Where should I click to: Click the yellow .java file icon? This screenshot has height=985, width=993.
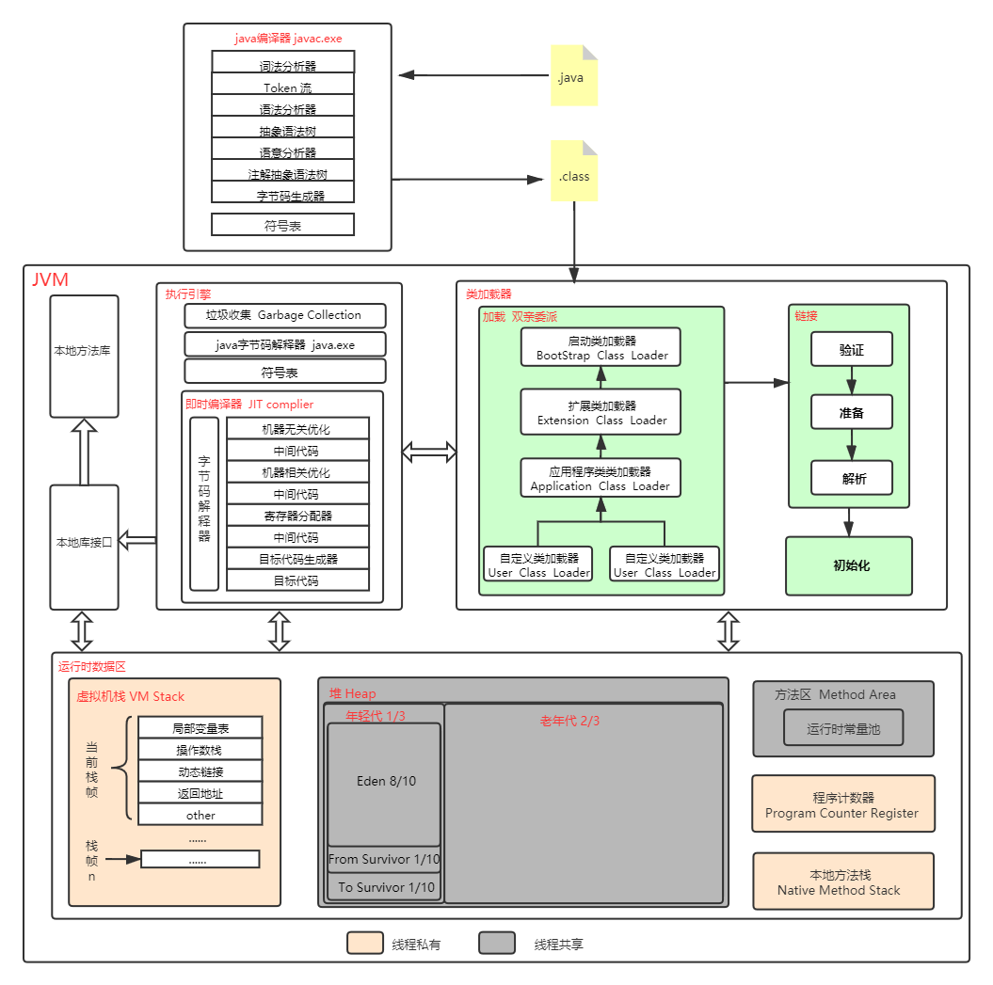pyautogui.click(x=573, y=75)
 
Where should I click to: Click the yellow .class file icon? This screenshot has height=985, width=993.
pyautogui.click(x=574, y=172)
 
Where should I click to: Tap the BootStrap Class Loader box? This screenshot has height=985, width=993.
pyautogui.click(x=601, y=347)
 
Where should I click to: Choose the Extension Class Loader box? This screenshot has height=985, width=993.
pyautogui.click(x=601, y=412)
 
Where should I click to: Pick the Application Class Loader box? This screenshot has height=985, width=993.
pyautogui.click(x=601, y=478)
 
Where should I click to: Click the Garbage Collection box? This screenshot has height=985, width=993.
pyautogui.click(x=284, y=315)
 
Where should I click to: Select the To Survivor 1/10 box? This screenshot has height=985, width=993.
pyautogui.click(x=384, y=887)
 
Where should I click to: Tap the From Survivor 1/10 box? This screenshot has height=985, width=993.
pyautogui.click(x=384, y=859)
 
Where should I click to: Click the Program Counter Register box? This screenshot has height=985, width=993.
pyautogui.click(x=843, y=804)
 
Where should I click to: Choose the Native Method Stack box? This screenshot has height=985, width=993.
pyautogui.click(x=843, y=882)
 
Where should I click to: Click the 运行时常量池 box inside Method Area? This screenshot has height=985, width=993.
pyautogui.click(x=843, y=728)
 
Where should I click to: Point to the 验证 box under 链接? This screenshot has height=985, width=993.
pyautogui.click(x=852, y=349)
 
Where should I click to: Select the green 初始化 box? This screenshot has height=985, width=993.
pyautogui.click(x=849, y=566)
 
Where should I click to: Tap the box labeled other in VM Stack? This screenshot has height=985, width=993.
pyautogui.click(x=200, y=815)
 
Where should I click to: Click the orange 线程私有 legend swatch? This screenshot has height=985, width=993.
pyautogui.click(x=364, y=944)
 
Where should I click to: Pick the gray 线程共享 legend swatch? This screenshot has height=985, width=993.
pyautogui.click(x=496, y=944)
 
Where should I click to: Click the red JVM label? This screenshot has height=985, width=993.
pyautogui.click(x=50, y=280)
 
